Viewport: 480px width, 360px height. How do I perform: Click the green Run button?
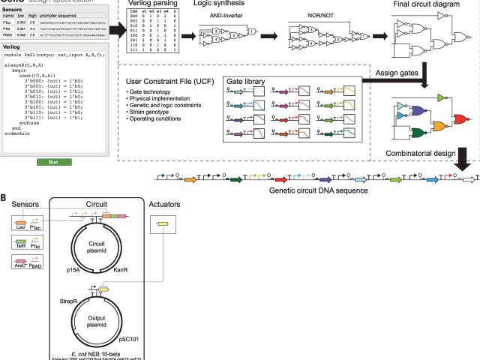click(53, 162)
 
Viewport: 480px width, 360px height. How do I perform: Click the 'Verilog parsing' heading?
click(149, 4)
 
